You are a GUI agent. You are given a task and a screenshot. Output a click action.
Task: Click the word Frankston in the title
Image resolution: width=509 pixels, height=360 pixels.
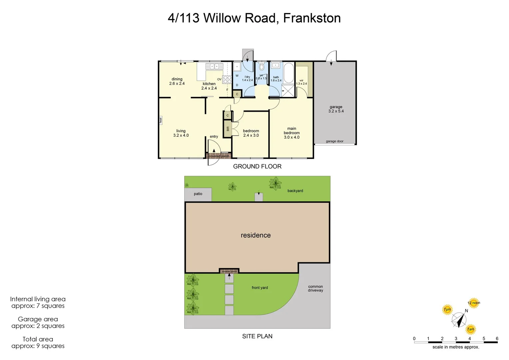pyautogui.click(x=312, y=18)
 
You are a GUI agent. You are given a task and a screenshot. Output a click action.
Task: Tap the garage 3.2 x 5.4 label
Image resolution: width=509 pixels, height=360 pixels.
pyautogui.click(x=336, y=109)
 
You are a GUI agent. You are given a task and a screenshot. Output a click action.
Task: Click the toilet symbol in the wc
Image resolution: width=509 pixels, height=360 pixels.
pyautogui.click(x=261, y=67)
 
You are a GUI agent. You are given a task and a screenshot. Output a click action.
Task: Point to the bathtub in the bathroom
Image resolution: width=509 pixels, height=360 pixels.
pyautogui.click(x=288, y=73)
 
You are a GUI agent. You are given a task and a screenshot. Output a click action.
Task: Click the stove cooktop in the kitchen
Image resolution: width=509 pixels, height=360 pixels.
pyautogui.click(x=227, y=79)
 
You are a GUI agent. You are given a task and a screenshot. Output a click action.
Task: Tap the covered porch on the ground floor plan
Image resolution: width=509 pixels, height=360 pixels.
pyautogui.click(x=219, y=156)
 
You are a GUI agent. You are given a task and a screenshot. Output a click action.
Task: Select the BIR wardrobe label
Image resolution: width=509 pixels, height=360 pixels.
pyautogui.click(x=228, y=129)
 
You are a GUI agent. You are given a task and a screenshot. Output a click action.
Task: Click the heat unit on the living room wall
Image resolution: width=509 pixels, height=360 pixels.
pyautogui.click(x=161, y=120)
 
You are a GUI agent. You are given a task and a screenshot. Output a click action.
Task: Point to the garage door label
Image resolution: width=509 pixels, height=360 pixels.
pyautogui.click(x=334, y=141)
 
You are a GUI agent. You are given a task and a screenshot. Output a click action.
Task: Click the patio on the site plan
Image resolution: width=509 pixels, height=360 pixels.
pyautogui.click(x=198, y=194)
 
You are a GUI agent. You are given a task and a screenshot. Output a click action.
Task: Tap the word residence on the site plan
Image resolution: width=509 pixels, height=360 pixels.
pyautogui.click(x=255, y=235)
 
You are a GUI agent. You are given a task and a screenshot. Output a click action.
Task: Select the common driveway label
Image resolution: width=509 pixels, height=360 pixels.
pyautogui.click(x=315, y=288)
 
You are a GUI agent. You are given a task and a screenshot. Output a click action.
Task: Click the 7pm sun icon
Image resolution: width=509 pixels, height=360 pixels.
pyautogui.click(x=447, y=309)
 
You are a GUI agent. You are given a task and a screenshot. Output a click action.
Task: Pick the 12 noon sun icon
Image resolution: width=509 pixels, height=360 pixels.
pyautogui.click(x=473, y=303)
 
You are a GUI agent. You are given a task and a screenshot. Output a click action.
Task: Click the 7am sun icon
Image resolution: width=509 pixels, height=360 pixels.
pyautogui.click(x=470, y=329)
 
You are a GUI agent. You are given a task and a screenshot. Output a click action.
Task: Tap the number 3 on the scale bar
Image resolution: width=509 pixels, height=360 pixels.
pyautogui.click(x=456, y=339)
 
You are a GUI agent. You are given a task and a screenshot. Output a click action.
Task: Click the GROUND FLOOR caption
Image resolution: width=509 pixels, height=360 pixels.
pyautogui.click(x=257, y=166)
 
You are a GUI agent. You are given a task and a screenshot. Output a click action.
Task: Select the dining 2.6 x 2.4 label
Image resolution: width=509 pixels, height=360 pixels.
pyautogui.click(x=177, y=81)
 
